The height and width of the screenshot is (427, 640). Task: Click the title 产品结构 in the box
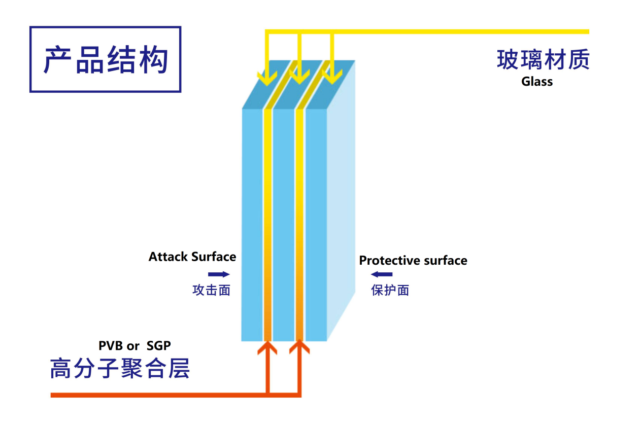(x=106, y=60)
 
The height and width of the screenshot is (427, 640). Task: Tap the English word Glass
(x=536, y=81)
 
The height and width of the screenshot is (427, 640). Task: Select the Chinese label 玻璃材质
(x=543, y=60)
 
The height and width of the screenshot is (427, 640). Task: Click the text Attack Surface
(x=192, y=257)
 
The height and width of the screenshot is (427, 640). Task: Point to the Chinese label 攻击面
(x=211, y=290)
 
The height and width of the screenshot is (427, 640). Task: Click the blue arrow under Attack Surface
(x=219, y=274)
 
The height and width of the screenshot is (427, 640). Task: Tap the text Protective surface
(x=413, y=261)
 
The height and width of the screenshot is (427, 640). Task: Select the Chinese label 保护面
(x=390, y=290)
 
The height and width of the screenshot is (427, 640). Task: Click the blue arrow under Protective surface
(x=381, y=274)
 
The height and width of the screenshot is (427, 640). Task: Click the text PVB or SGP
(x=134, y=346)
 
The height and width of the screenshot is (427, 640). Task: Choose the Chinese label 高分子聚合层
(x=120, y=369)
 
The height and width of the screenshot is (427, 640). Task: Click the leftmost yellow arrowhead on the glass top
(x=267, y=78)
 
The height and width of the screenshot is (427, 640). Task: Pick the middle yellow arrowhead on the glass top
(x=299, y=78)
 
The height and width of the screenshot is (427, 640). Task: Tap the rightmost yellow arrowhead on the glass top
(x=332, y=78)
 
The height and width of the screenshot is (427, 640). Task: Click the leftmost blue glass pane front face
(x=252, y=223)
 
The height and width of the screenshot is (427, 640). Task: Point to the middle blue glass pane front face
(x=284, y=223)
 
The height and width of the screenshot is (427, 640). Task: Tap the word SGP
(x=158, y=346)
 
